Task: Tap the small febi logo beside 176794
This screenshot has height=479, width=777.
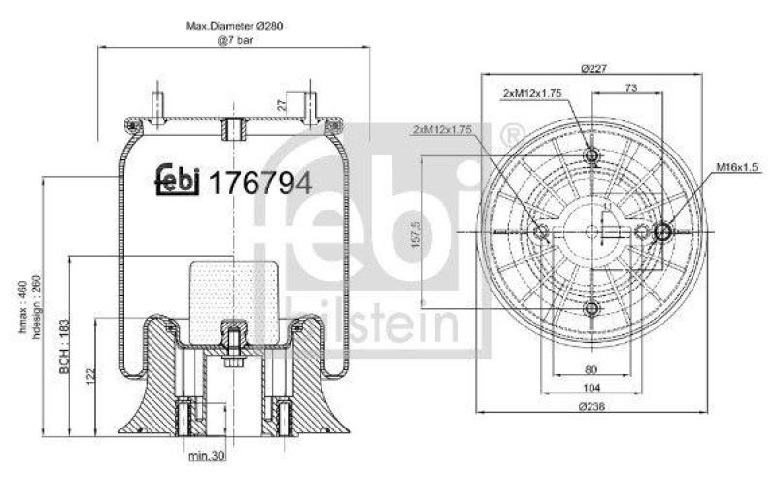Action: point(177,180)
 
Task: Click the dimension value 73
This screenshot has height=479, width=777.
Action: point(629,87)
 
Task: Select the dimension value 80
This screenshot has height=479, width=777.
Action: point(591,368)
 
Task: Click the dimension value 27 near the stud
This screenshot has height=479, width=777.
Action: point(282,105)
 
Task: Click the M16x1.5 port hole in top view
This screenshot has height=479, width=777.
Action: point(662,231)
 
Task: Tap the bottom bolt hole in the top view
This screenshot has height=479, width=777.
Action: point(591,309)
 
